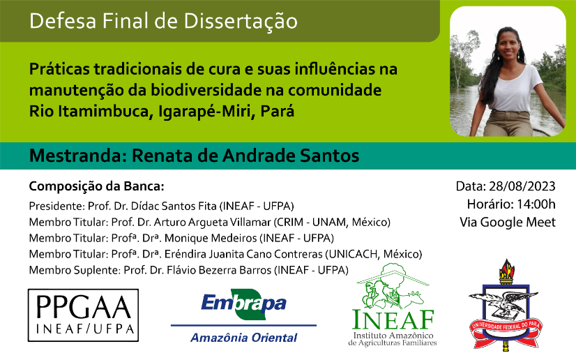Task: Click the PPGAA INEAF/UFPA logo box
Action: pyautogui.click(x=84, y=315)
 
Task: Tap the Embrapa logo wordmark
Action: pyautogui.click(x=243, y=303)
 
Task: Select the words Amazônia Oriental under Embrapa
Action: pyautogui.click(x=243, y=338)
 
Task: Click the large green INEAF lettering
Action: pyautogui.click(x=393, y=320)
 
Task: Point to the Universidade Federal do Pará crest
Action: pyautogui.click(x=506, y=304)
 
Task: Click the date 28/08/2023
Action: pyautogui.click(x=522, y=186)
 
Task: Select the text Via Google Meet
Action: pyautogui.click(x=508, y=223)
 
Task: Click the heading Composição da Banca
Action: pyautogui.click(x=97, y=186)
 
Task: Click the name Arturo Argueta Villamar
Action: pyautogui.click(x=212, y=223)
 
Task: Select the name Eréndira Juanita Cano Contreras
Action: pyautogui.click(x=243, y=254)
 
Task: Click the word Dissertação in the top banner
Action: pyautogui.click(x=241, y=22)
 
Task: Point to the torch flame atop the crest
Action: pyautogui.click(x=506, y=269)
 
